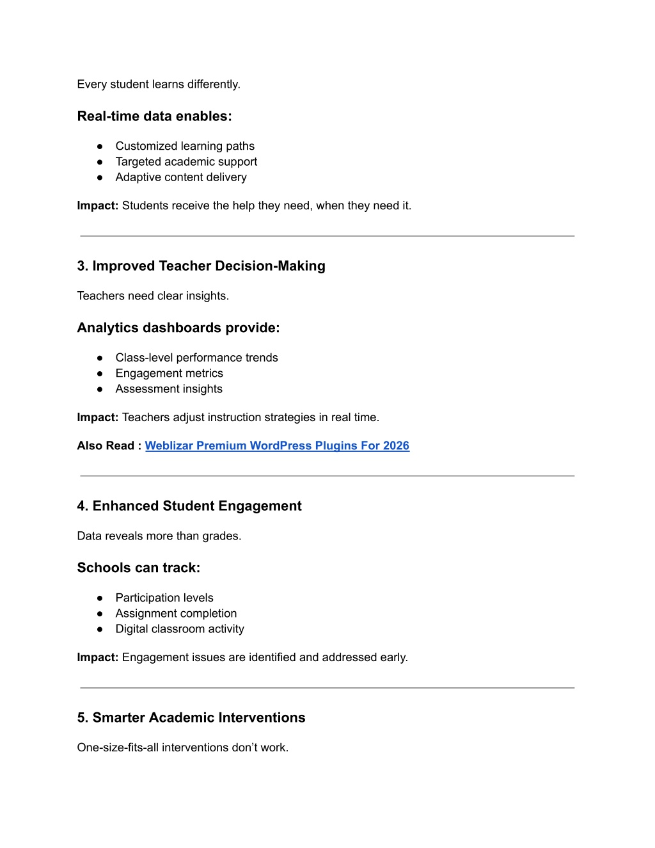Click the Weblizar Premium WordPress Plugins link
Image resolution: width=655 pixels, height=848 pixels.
coord(276,446)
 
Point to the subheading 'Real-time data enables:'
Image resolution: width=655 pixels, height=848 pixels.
coord(154,116)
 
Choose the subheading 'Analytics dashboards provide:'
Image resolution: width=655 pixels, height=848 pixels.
coord(178,328)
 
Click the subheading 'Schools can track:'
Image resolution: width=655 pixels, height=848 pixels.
coord(139,568)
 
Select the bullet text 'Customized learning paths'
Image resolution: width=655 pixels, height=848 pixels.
coord(185,147)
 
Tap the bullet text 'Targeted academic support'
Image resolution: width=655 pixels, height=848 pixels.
coord(186,162)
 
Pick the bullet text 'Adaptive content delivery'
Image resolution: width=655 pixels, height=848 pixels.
coord(181,177)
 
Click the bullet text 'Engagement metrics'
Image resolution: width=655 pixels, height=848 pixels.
coord(169,374)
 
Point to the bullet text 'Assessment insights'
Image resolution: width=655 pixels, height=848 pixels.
coord(169,389)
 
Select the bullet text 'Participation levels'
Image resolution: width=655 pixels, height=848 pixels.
coord(164,598)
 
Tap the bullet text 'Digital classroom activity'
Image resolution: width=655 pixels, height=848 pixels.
coord(180,629)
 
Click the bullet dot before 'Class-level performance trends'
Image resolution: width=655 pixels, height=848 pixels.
coord(100,358)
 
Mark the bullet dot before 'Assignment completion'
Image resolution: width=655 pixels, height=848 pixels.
coord(100,614)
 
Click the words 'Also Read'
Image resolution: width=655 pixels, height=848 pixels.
coord(106,446)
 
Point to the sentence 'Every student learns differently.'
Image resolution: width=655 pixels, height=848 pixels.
coord(159,84)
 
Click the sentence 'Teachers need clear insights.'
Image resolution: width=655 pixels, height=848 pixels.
coord(153,296)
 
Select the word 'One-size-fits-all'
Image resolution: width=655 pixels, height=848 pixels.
coord(118,748)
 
